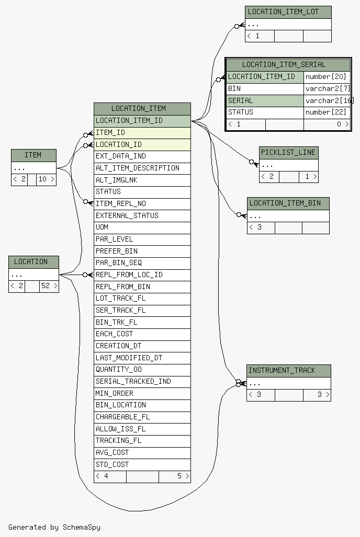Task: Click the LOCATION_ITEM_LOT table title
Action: [288, 12]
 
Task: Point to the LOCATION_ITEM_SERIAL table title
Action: [288, 65]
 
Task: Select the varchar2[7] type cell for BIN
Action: [326, 89]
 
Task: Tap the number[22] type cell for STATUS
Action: [326, 112]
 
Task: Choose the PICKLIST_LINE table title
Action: [288, 152]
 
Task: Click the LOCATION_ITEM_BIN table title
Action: [288, 203]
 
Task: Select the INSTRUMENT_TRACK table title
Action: [288, 371]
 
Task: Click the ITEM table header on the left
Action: [33, 155]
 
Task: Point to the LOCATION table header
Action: [33, 262]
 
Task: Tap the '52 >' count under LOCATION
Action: [49, 286]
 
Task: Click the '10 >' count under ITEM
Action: [46, 179]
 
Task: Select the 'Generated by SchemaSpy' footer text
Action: [54, 527]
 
